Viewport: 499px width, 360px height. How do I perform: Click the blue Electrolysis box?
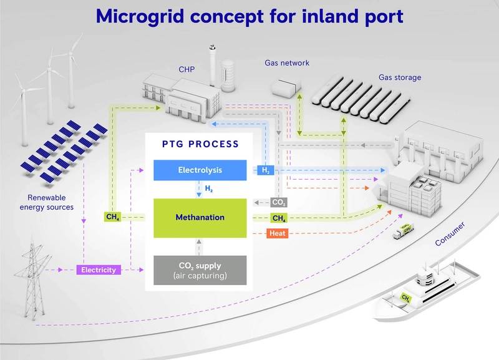tap(200, 170)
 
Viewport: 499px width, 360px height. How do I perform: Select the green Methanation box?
tap(200, 217)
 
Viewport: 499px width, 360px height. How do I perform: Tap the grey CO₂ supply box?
tap(200, 270)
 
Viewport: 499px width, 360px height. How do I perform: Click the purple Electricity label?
tap(97, 270)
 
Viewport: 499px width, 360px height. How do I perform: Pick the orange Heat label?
tap(278, 234)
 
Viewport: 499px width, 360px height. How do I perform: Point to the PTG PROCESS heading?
tap(200, 144)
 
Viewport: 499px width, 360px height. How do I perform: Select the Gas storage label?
tap(400, 78)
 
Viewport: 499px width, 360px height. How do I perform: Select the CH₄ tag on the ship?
tap(406, 298)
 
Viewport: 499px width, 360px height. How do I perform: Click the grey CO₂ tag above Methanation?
tap(278, 203)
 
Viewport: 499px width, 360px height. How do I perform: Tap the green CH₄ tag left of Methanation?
tap(112, 218)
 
